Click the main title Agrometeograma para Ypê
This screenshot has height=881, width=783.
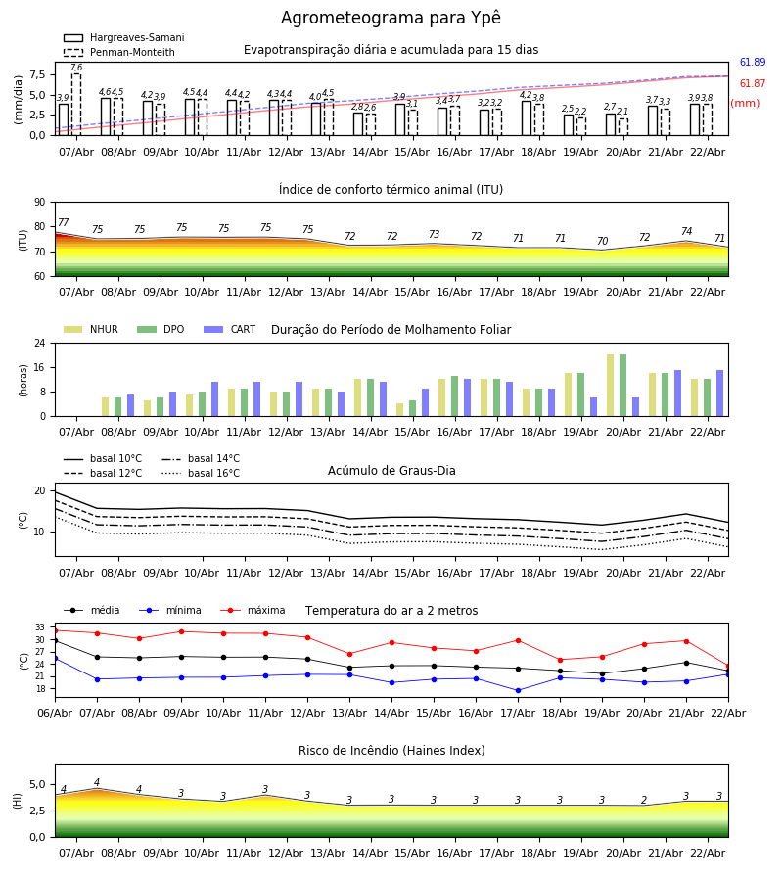click(x=391, y=19)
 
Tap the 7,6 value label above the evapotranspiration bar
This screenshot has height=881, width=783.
click(x=76, y=68)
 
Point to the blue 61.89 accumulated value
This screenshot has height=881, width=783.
click(x=753, y=63)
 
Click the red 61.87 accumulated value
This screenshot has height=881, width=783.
click(x=753, y=84)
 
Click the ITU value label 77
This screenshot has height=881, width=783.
click(x=64, y=223)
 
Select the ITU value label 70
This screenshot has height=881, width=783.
click(x=602, y=242)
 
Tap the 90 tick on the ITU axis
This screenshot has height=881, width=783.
click(x=39, y=203)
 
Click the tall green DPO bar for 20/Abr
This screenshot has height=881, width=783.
click(x=622, y=385)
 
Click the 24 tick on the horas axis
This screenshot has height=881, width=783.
click(x=40, y=344)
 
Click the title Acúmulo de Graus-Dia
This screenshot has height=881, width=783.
click(x=391, y=471)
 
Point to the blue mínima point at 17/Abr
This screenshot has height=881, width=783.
click(x=518, y=690)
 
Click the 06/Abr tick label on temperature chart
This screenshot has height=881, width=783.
click(x=55, y=712)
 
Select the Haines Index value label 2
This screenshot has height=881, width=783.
click(x=644, y=801)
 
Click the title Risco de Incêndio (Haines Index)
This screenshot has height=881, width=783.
click(x=391, y=751)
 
